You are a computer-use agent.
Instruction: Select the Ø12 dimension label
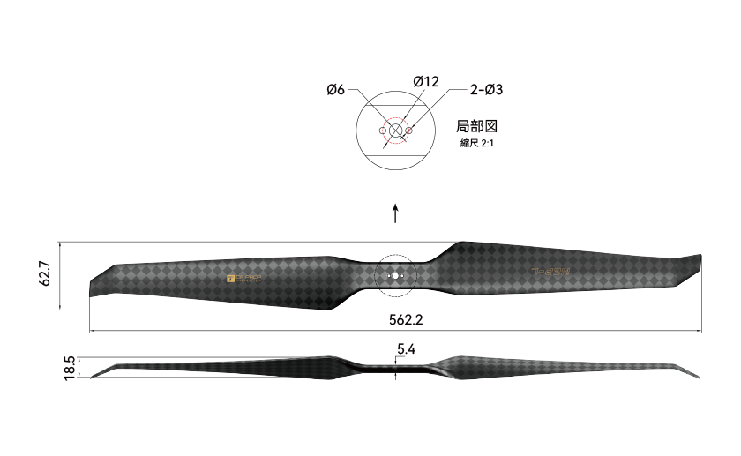tap(425, 81)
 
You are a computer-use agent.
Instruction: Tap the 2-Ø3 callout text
tap(486, 89)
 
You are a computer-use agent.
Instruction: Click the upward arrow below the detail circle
tap(395, 213)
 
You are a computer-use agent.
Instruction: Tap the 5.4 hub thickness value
tap(406, 349)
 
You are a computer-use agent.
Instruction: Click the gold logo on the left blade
tap(244, 279)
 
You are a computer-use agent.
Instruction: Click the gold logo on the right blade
tap(551, 273)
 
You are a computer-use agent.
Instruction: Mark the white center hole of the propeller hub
tap(395, 276)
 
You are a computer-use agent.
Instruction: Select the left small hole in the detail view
tap(382, 131)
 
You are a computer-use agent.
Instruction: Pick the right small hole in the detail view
tap(409, 131)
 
